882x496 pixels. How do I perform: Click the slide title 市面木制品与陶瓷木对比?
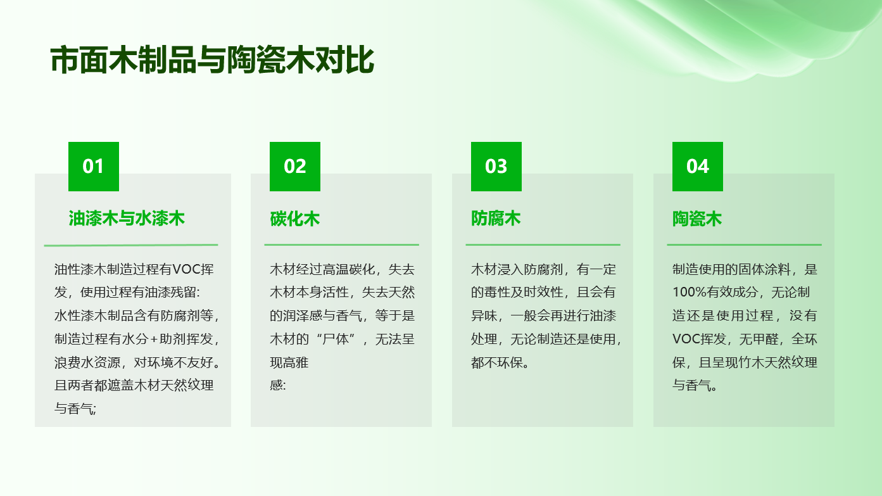pyautogui.click(x=212, y=60)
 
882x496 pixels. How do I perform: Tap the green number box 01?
pyautogui.click(x=94, y=167)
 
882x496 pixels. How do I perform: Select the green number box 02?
pyautogui.click(x=295, y=167)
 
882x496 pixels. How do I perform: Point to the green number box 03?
pyautogui.click(x=496, y=167)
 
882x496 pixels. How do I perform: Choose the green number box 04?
pyautogui.click(x=697, y=167)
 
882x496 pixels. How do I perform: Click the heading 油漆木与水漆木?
pyautogui.click(x=127, y=219)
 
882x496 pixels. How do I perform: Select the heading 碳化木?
pyautogui.click(x=294, y=219)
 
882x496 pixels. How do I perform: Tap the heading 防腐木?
pyautogui.click(x=496, y=219)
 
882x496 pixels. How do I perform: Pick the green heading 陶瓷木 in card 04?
pyautogui.click(x=697, y=219)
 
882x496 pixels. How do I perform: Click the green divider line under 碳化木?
pyautogui.click(x=341, y=245)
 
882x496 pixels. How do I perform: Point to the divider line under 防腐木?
pyautogui.click(x=543, y=245)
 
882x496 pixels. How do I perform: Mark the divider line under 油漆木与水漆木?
pyautogui.click(x=130, y=245)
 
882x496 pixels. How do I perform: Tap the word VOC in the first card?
pyautogui.click(x=186, y=269)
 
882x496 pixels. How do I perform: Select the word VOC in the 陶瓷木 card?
pyautogui.click(x=686, y=339)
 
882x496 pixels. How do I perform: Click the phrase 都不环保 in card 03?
pyautogui.click(x=497, y=362)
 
